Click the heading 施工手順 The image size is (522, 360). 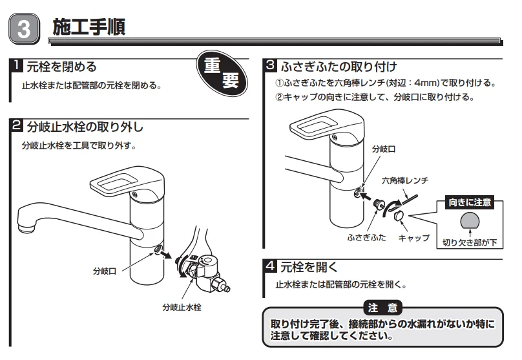point(89,27)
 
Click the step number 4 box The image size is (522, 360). point(271,266)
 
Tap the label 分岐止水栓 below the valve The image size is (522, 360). point(182,307)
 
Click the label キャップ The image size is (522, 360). point(413,238)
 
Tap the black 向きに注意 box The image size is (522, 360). point(470,202)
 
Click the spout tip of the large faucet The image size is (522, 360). point(26,226)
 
